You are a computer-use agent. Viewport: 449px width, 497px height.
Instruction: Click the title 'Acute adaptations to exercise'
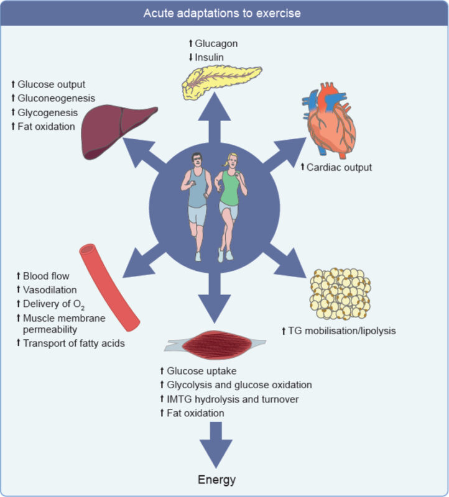(224, 13)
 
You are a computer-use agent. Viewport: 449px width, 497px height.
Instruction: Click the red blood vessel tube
(109, 286)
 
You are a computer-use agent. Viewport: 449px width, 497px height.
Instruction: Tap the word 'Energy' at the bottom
(217, 480)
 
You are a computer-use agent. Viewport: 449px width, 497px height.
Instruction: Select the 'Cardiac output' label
(340, 167)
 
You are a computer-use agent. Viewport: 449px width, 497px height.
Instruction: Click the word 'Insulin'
(214, 57)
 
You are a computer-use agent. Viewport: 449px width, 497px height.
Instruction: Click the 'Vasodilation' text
(50, 290)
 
